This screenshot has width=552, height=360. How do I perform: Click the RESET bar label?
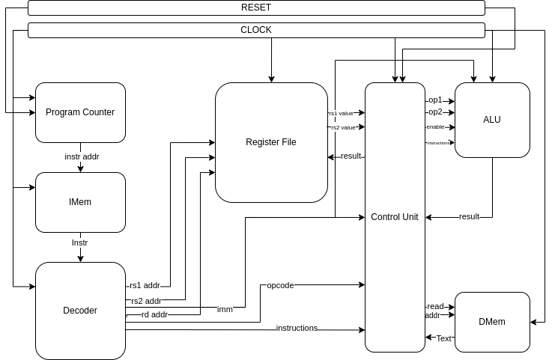pyautogui.click(x=256, y=7)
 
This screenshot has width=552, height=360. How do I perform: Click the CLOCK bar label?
pyautogui.click(x=256, y=30)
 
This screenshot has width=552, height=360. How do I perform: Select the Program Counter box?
pyautogui.click(x=80, y=112)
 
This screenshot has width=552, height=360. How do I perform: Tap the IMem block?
pyautogui.click(x=80, y=202)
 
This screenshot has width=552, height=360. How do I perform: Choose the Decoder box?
pyautogui.click(x=80, y=311)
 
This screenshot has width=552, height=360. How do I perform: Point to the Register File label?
pyautogui.click(x=271, y=142)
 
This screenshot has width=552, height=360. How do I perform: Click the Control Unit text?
pyautogui.click(x=395, y=217)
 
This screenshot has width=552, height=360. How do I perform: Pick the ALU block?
pyautogui.click(x=492, y=120)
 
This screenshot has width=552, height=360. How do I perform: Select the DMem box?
pyautogui.click(x=492, y=322)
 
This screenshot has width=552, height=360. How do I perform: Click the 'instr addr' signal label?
pyautogui.click(x=82, y=156)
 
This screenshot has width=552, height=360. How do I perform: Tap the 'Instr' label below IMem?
pyautogui.click(x=80, y=243)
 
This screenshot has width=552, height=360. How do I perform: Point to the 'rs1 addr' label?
pyautogui.click(x=145, y=285)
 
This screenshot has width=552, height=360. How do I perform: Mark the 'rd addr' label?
pyautogui.click(x=154, y=314)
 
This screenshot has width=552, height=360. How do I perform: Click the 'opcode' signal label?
pyautogui.click(x=280, y=285)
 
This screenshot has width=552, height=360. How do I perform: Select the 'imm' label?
pyautogui.click(x=225, y=309)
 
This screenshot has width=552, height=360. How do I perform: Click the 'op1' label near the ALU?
pyautogui.click(x=435, y=100)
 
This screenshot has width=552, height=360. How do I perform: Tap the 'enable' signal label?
pyautogui.click(x=435, y=126)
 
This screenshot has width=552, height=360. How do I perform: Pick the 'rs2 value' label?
pyautogui.click(x=342, y=127)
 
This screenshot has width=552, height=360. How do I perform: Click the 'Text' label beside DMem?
pyautogui.click(x=444, y=338)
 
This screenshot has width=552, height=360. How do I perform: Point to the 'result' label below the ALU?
pyautogui.click(x=470, y=216)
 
